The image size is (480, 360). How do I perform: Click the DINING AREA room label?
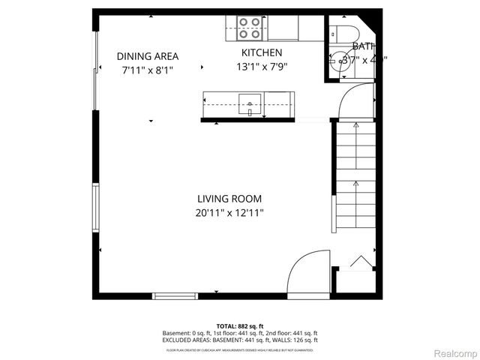click(x=147, y=56)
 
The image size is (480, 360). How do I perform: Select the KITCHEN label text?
click(x=261, y=52)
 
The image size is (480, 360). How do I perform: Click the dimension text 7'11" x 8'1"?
click(x=147, y=70)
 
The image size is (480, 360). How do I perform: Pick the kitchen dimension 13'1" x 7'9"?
click(x=261, y=66)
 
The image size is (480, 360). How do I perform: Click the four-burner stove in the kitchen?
click(x=250, y=28)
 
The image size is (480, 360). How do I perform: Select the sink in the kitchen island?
click(x=250, y=102)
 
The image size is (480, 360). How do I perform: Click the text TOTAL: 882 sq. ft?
click(x=239, y=326)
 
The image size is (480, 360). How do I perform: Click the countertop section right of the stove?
click(x=283, y=28)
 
